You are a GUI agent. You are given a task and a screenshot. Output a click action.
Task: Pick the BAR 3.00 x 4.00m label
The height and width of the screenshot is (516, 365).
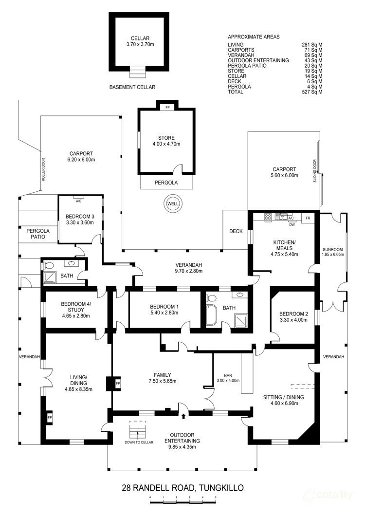231,378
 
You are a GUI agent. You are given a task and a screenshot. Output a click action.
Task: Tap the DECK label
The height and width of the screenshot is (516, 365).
236,232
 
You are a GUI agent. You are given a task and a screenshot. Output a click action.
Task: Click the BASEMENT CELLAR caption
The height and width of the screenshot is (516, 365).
132,87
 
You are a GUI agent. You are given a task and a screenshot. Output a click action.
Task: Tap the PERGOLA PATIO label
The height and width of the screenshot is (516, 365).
36,234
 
